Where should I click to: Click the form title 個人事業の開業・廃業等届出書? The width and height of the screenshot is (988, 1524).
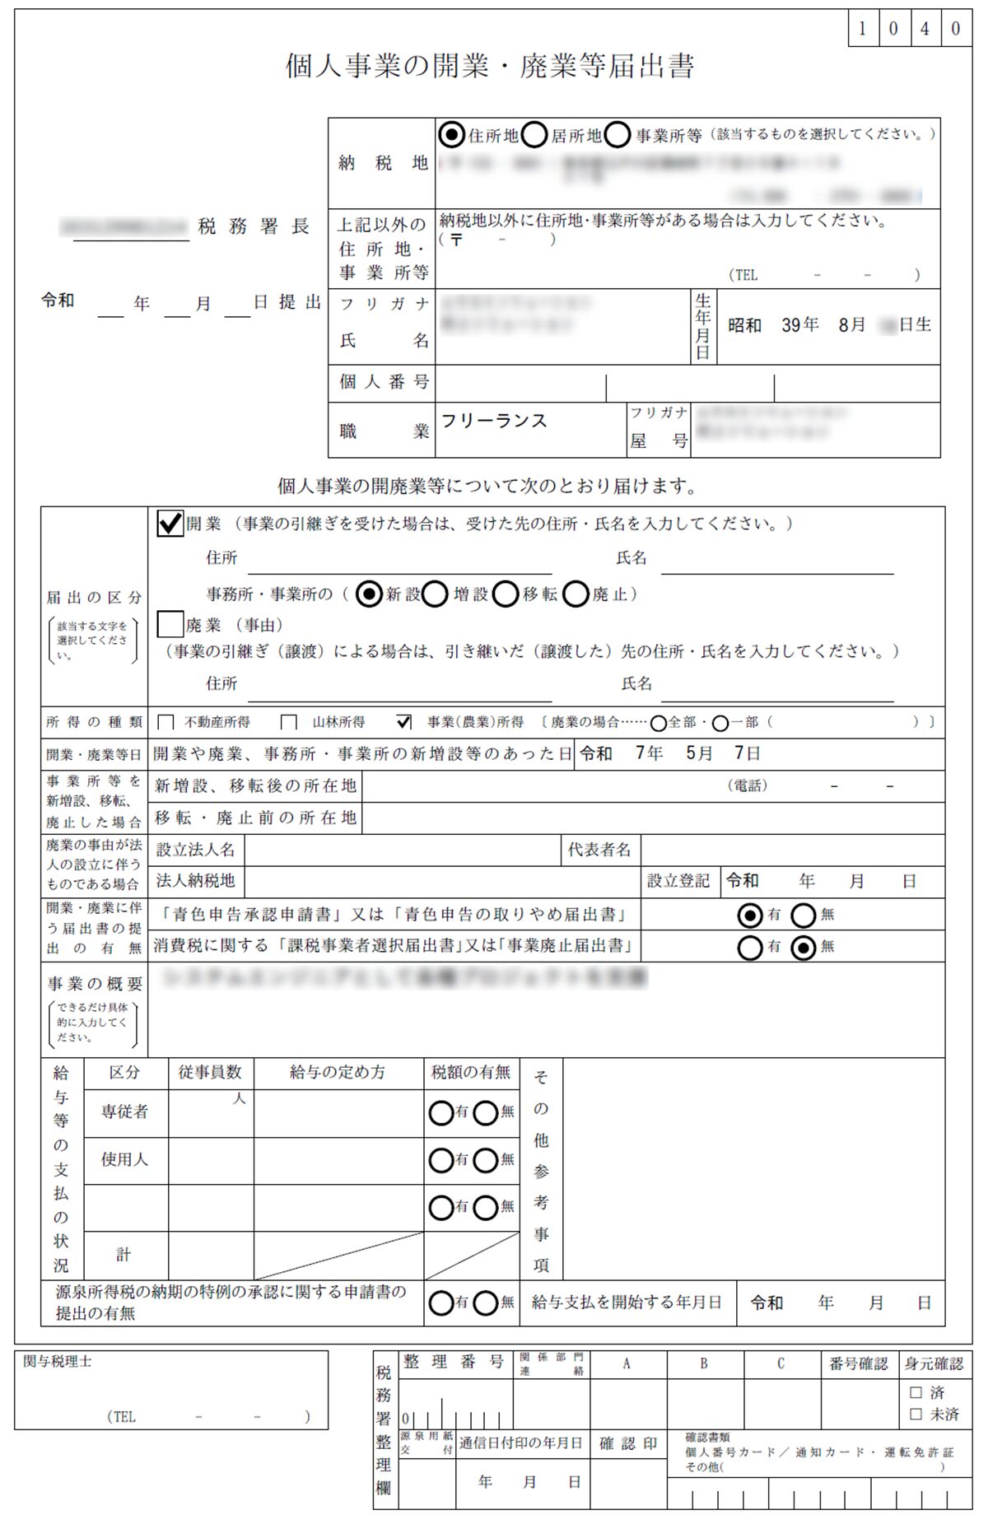[x=490, y=66]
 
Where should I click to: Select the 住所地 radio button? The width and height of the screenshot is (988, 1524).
[x=451, y=134]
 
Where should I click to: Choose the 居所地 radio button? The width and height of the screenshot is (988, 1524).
[x=534, y=134]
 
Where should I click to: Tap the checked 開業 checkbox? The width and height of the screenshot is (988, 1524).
[x=170, y=524]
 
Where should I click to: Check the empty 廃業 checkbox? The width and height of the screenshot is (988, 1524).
[x=170, y=624]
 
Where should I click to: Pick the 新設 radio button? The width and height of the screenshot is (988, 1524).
[x=369, y=594]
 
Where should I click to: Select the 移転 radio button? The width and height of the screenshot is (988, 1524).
[x=506, y=594]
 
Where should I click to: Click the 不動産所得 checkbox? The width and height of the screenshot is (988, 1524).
[x=165, y=723]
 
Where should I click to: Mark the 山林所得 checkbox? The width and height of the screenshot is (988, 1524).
[x=289, y=723]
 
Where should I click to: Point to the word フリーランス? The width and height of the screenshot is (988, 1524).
[x=494, y=421]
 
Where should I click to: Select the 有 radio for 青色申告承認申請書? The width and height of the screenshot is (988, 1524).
[x=750, y=915]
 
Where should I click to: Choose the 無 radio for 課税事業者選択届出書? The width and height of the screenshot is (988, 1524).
[x=803, y=948]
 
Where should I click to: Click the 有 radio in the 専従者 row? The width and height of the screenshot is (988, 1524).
[x=440, y=1113]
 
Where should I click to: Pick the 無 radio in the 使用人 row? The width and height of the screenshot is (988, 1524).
[x=486, y=1161]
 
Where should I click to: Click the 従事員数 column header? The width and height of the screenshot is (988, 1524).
[x=210, y=1072]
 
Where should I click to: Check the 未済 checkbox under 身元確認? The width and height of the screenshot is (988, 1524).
[x=916, y=1414]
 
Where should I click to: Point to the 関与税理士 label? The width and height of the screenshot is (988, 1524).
[x=58, y=1362]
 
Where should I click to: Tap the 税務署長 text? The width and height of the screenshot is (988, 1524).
[x=254, y=226]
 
